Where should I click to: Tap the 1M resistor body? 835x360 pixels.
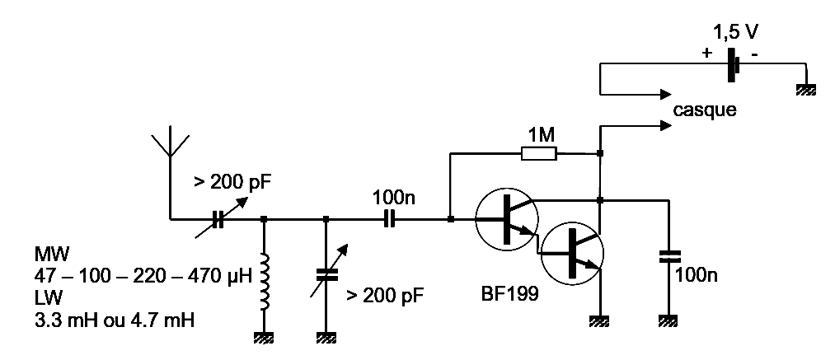coord(538,153)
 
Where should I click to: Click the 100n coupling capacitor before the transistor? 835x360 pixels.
coord(390,219)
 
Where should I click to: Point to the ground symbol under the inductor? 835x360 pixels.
coord(264,337)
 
